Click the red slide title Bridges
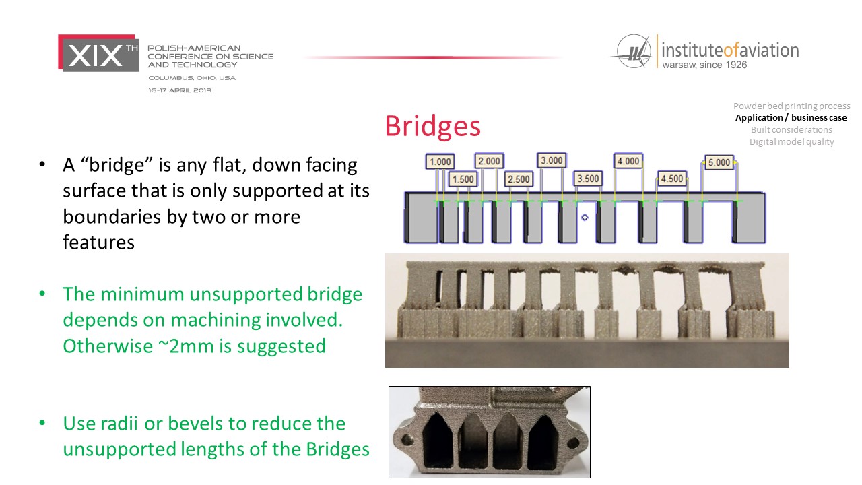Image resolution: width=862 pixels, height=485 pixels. point(432,126)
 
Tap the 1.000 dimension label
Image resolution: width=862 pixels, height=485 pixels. point(440,162)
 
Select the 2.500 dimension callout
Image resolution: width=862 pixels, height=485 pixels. point(519,179)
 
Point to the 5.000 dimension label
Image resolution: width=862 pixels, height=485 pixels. point(719,162)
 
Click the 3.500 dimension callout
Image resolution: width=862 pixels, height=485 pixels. point(588,179)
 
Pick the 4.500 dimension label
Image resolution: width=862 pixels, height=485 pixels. point(672,179)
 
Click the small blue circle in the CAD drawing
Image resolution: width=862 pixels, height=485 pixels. point(585,218)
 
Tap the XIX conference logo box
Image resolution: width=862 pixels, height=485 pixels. point(98,53)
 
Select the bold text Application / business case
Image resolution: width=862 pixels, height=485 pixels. point(791,117)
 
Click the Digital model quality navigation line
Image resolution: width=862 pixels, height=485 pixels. point(791,141)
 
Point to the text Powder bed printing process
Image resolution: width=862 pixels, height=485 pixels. point(791,106)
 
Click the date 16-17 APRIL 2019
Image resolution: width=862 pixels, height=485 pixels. point(180,90)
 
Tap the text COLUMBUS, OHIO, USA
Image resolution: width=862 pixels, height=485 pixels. point(192,77)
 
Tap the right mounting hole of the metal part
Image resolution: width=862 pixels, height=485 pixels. point(573,443)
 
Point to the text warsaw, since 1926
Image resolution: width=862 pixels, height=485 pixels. point(704,65)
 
